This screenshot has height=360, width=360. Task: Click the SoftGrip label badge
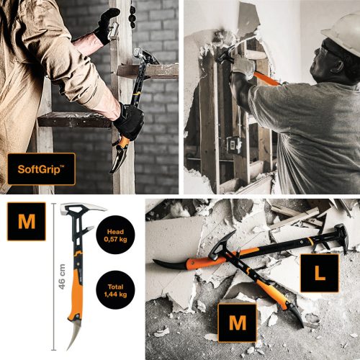(41, 171)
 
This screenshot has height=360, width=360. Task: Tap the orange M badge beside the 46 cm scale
(26, 220)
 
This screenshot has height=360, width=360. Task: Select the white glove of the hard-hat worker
(244, 66)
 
